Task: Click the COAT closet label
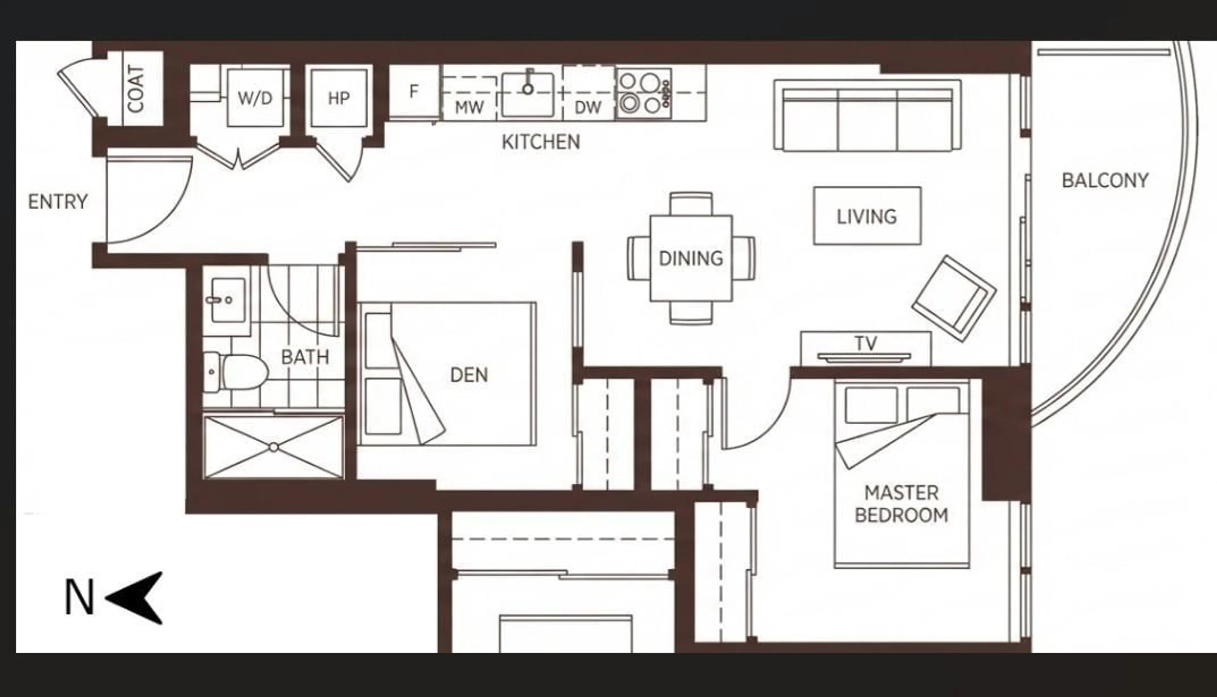pyautogui.click(x=136, y=89)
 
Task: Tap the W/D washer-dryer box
pyautogui.click(x=255, y=98)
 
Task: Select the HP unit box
pyautogui.click(x=338, y=98)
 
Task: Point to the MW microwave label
pyautogui.click(x=469, y=108)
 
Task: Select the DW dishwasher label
pyautogui.click(x=588, y=108)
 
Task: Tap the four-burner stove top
pyautogui.click(x=643, y=93)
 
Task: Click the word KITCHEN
pyautogui.click(x=541, y=142)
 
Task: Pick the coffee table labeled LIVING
pyautogui.click(x=867, y=216)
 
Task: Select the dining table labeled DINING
pyautogui.click(x=691, y=258)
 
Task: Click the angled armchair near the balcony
pyautogui.click(x=954, y=298)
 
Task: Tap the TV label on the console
pyautogui.click(x=866, y=343)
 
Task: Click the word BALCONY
pyautogui.click(x=1105, y=181)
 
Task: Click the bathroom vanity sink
pyautogui.click(x=228, y=301)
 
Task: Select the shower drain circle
pyautogui.click(x=274, y=447)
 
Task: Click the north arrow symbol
pyautogui.click(x=136, y=598)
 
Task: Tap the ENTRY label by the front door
pyautogui.click(x=58, y=201)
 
